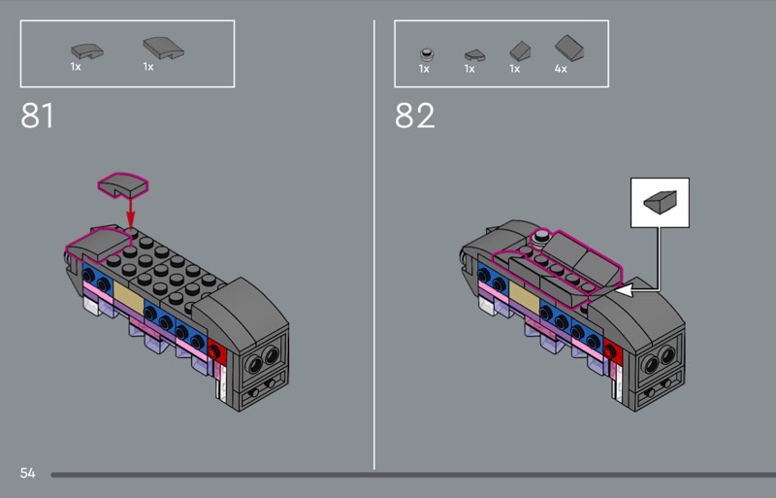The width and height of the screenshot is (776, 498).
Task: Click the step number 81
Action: [x=37, y=116]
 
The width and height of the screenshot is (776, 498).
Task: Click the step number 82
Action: [x=415, y=116]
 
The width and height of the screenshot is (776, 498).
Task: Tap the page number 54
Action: [x=28, y=473]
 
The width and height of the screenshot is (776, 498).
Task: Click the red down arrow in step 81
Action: [x=130, y=212]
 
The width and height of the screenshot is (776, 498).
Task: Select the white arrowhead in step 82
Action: [x=624, y=290]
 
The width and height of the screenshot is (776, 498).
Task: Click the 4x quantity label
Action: [x=561, y=69]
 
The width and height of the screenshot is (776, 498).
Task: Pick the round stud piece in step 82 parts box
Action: [x=427, y=54]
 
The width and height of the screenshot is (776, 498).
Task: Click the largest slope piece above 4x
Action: [x=569, y=49]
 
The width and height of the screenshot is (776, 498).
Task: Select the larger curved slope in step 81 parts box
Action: [x=163, y=49]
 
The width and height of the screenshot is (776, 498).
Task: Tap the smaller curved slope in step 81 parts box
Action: [x=87, y=50]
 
